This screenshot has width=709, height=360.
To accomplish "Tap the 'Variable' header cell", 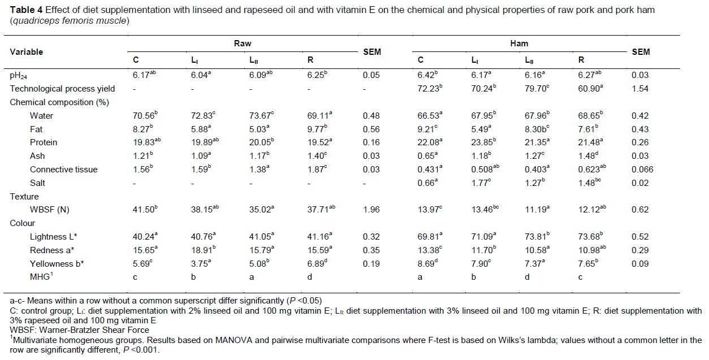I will tap(27, 52).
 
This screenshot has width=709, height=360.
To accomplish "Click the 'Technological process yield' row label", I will tap(62, 89).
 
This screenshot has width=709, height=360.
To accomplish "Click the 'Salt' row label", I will tap(38, 183).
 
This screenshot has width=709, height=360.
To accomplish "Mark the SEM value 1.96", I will tap(371, 210).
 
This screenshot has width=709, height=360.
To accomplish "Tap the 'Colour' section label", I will tap(23, 223).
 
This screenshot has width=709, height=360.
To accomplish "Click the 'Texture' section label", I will tap(24, 197).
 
